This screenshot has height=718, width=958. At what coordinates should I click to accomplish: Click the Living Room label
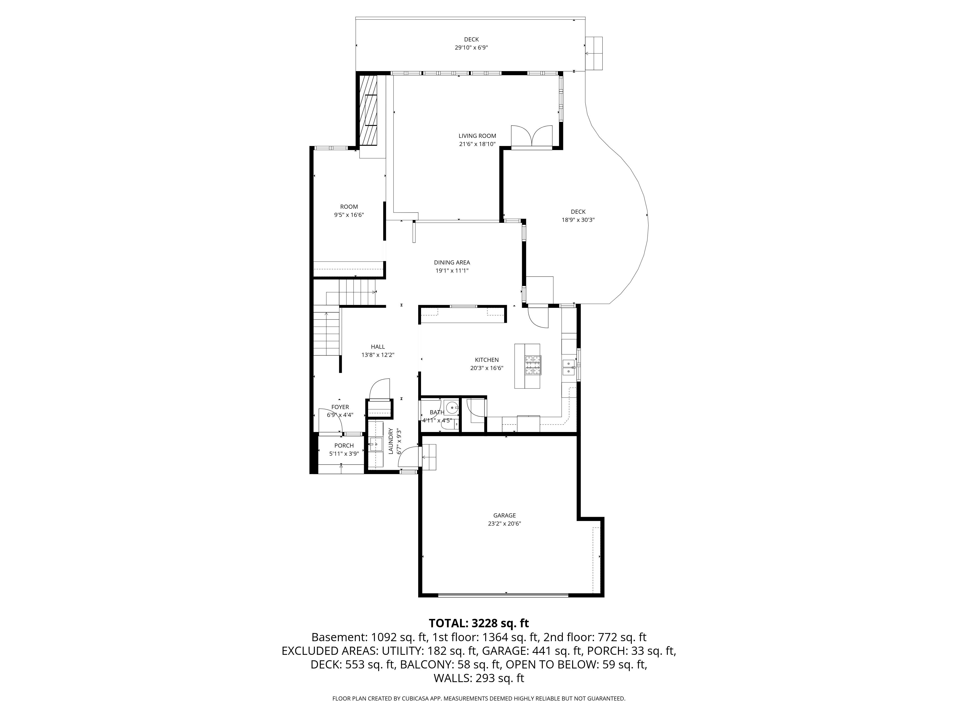pyautogui.click(x=477, y=136)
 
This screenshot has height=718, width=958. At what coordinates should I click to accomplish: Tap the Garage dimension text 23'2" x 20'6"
pyautogui.click(x=505, y=524)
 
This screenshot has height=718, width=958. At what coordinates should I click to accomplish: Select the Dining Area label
pyautogui.click(x=452, y=262)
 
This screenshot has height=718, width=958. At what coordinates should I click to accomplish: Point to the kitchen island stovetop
pyautogui.click(x=533, y=365)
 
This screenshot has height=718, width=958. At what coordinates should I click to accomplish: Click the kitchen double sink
pyautogui.click(x=568, y=367)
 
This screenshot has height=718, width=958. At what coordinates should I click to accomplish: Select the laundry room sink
pyautogui.click(x=376, y=444)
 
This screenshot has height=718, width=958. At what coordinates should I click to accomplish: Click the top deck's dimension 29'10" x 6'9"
pyautogui.click(x=471, y=48)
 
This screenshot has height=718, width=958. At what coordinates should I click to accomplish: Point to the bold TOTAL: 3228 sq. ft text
pyautogui.click(x=479, y=623)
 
